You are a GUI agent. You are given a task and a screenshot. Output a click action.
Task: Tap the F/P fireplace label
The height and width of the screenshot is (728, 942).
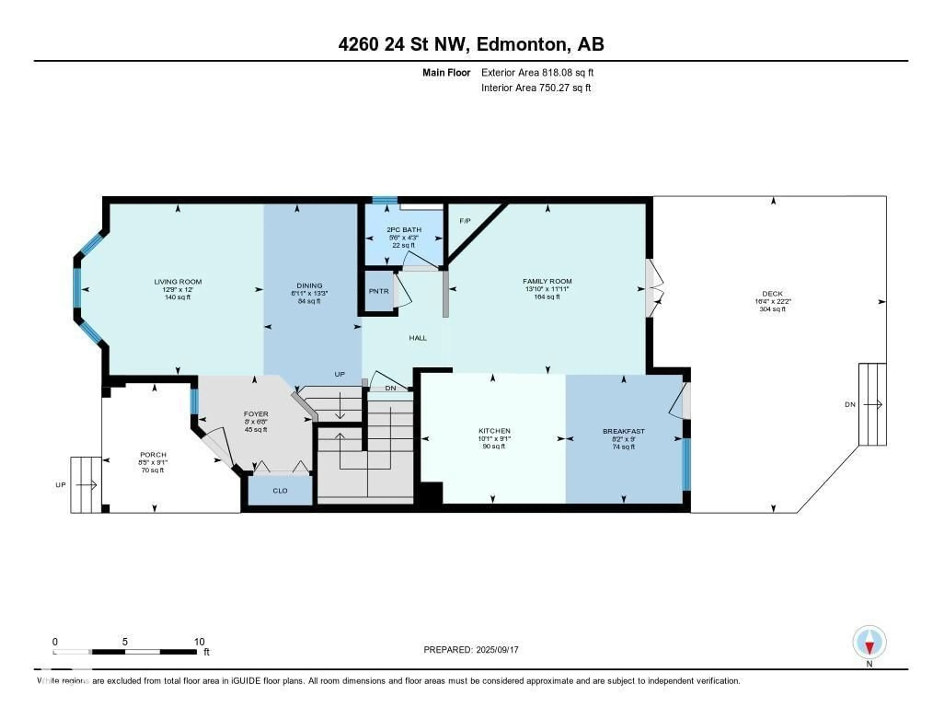tap(465, 221)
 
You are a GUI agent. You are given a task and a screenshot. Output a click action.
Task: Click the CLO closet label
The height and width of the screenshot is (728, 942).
tap(280, 491)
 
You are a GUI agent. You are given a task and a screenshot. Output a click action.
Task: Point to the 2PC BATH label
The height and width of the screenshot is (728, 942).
tap(404, 229)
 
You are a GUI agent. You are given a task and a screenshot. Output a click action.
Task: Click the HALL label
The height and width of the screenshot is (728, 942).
tap(418, 338)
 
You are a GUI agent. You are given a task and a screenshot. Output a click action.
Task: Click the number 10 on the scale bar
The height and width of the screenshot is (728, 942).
tap(199, 642)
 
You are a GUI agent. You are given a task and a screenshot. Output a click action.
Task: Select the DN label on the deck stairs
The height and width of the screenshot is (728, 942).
tap(850, 404)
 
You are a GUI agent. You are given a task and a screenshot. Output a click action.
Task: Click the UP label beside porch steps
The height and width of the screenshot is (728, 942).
tap(60, 485)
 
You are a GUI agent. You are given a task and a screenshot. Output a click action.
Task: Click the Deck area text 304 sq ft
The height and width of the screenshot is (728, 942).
tap(772, 309)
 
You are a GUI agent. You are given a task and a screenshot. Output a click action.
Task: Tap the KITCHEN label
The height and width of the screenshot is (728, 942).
tap(494, 431)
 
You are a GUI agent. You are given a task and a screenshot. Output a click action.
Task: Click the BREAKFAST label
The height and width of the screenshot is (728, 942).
tap(623, 431)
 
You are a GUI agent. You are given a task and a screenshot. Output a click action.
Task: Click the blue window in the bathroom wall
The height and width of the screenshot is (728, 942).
tap(385, 200)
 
